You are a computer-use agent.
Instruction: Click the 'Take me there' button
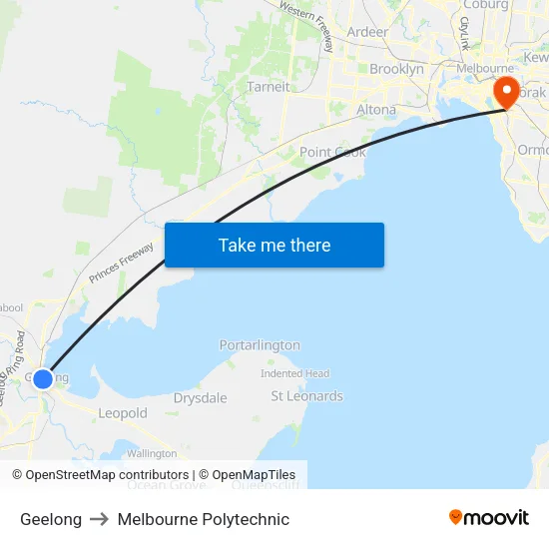(274, 246)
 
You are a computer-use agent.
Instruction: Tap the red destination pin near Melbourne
(506, 92)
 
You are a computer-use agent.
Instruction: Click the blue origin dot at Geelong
(42, 379)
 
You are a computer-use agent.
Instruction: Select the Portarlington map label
(260, 345)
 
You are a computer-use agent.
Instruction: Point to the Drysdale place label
(200, 398)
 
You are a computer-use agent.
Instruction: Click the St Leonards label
(306, 396)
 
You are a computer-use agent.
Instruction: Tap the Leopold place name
(123, 413)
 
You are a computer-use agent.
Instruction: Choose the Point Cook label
(332, 152)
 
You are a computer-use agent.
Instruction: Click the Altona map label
(376, 110)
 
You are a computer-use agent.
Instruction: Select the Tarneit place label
(269, 87)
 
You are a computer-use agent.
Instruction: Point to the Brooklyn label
(396, 70)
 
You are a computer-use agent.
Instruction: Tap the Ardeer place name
(367, 32)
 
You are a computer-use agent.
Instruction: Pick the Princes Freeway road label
(121, 264)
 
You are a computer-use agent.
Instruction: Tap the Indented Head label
(294, 373)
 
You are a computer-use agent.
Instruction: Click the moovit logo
(488, 518)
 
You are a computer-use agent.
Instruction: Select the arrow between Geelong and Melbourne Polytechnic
(100, 519)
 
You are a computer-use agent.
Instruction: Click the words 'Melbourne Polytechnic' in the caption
(204, 519)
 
